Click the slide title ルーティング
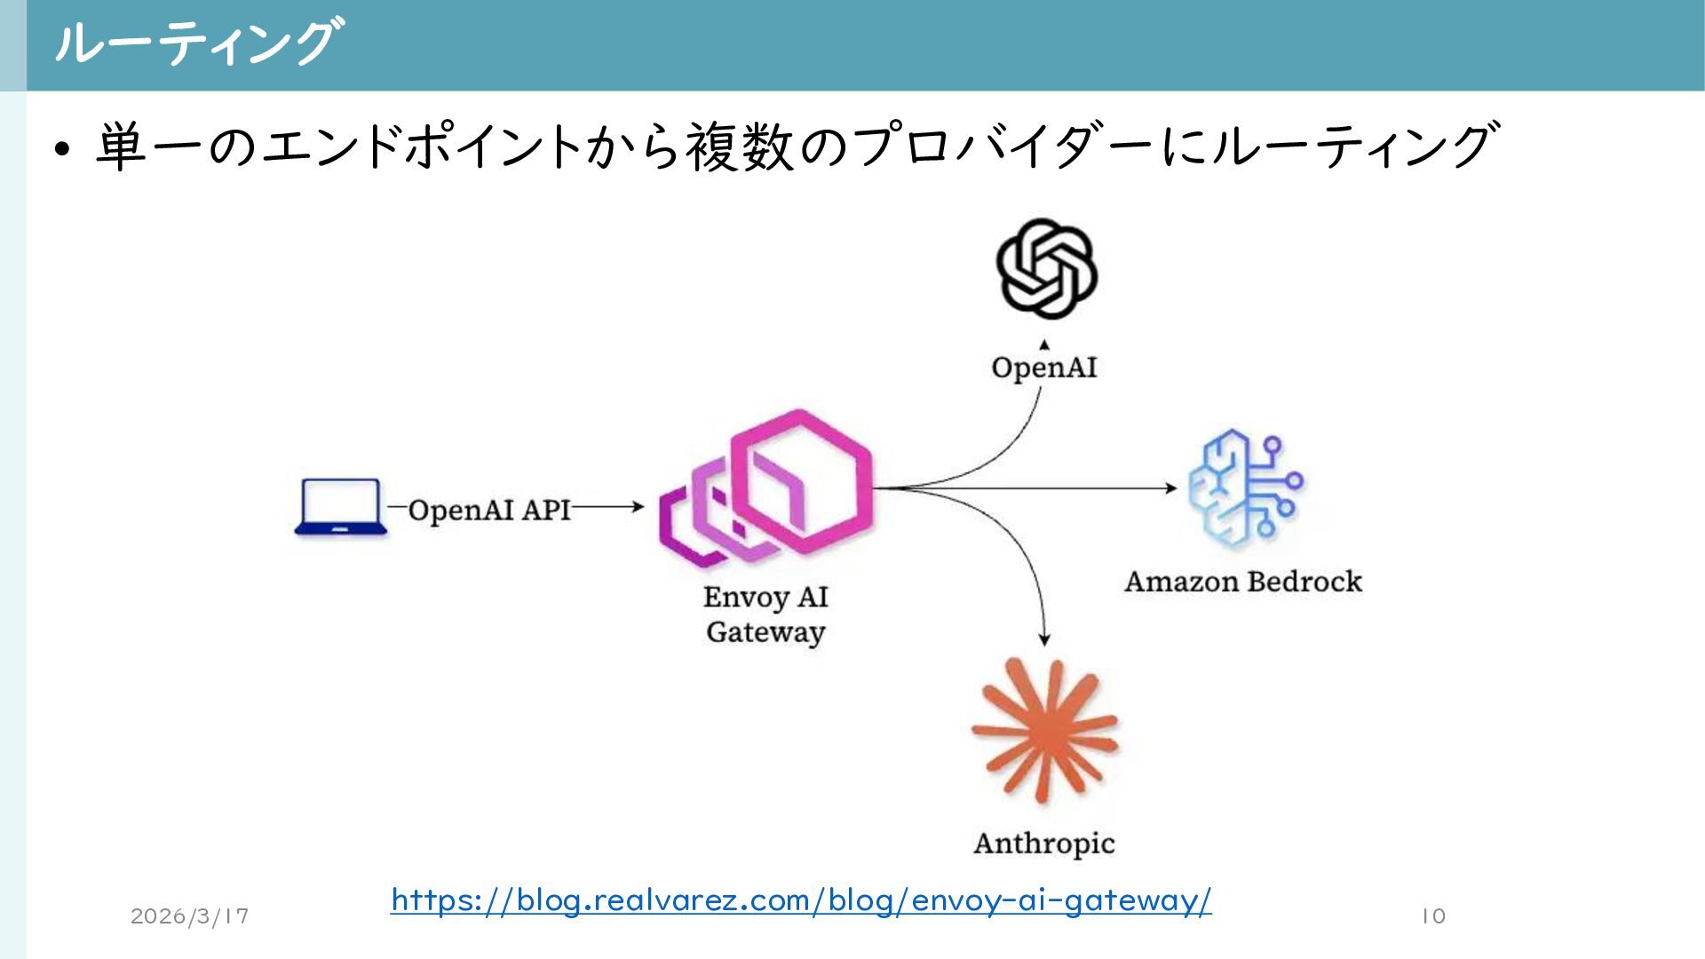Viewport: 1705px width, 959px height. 194,43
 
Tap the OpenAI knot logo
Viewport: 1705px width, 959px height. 1046,268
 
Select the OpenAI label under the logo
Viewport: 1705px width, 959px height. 1044,368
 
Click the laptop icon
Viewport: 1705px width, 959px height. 340,507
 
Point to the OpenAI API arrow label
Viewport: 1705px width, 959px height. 489,510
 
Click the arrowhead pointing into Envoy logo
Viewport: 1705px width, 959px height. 638,507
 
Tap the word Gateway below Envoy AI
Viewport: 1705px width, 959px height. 765,632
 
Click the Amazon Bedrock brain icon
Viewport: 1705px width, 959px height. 1244,487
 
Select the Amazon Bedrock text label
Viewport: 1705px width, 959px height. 1242,582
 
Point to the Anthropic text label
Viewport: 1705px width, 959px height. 1044,843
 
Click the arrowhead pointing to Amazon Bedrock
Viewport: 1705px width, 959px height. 1171,487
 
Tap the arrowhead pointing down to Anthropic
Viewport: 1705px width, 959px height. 1044,638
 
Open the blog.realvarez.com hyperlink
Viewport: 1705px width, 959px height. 801,900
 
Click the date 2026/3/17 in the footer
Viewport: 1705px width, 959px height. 189,915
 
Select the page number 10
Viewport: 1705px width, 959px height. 1433,915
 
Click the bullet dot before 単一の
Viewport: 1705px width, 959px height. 61,148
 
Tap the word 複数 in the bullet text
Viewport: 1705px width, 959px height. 739,147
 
